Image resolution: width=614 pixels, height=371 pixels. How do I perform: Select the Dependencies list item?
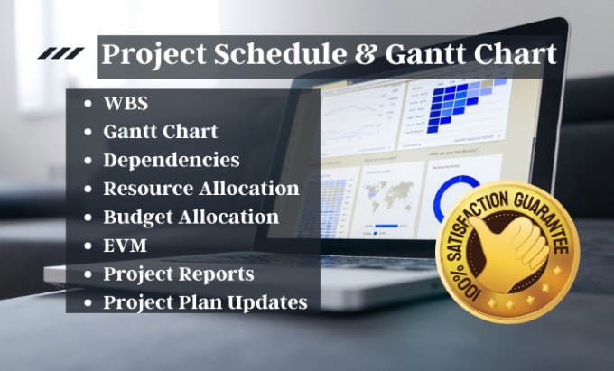click(171, 160)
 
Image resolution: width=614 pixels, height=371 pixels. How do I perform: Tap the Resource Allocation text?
click(200, 188)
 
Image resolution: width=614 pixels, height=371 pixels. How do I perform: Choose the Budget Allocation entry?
click(191, 217)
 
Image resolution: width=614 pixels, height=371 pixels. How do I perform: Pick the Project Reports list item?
click(178, 273)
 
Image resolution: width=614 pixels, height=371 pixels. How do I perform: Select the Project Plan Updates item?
click(205, 301)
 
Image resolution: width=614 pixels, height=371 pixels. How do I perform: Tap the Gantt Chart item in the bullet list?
click(160, 132)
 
